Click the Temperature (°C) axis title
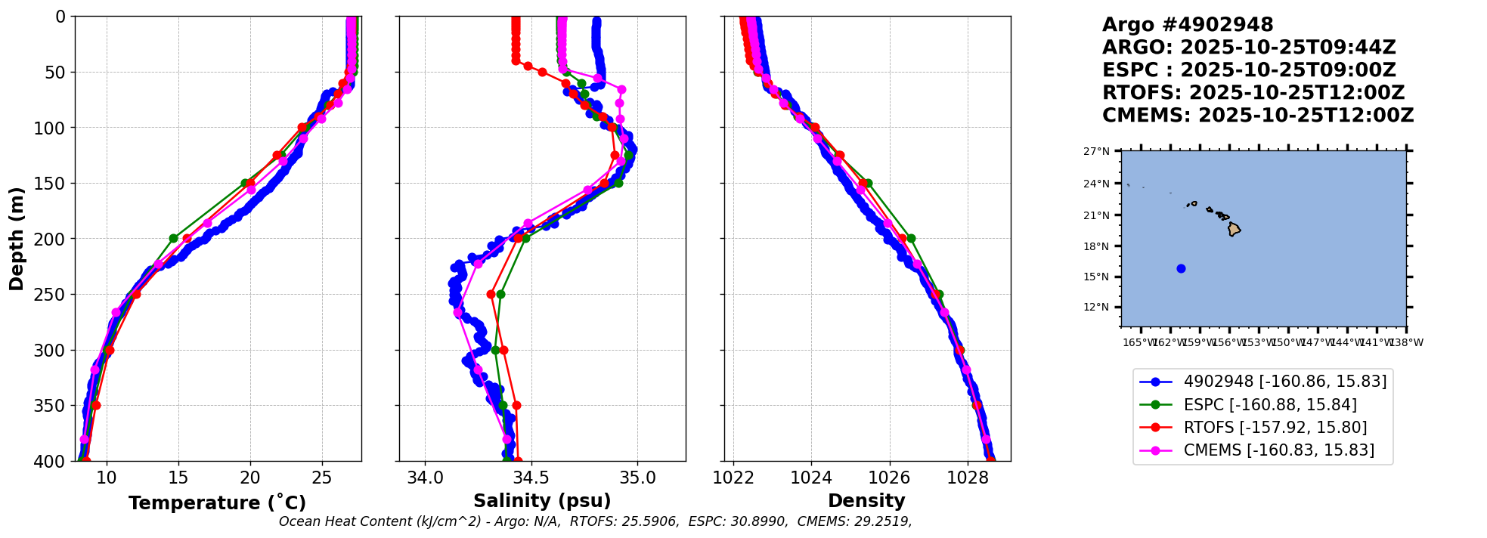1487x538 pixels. [217, 503]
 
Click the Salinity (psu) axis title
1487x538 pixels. [542, 501]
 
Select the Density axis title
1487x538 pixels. [866, 501]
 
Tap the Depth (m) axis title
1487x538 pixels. [17, 238]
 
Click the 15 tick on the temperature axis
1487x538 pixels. [178, 478]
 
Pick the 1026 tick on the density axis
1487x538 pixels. [889, 478]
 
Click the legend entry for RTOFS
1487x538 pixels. [1275, 428]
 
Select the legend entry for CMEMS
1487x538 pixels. [1278, 450]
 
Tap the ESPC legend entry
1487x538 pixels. [1269, 405]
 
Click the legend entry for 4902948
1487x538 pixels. [1284, 382]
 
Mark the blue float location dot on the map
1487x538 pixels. [1181, 268]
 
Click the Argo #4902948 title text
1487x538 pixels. [1188, 25]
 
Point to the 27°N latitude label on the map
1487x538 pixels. [1096, 151]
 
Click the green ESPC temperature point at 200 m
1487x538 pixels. [173, 238]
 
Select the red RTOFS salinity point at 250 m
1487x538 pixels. [491, 294]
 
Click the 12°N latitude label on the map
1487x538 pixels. [1096, 307]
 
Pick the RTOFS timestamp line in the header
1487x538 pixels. [1253, 93]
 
